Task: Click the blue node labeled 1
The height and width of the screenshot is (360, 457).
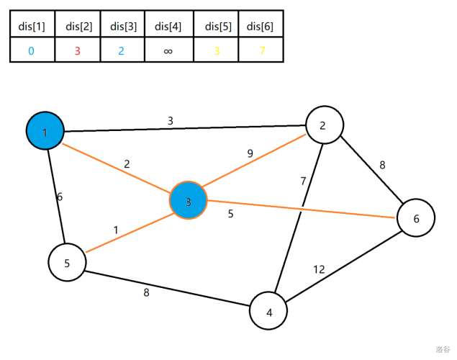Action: pyautogui.click(x=45, y=131)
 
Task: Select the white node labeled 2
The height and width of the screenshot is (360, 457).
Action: pyautogui.click(x=323, y=125)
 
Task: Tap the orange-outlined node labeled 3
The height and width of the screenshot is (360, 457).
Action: pyautogui.click(x=189, y=202)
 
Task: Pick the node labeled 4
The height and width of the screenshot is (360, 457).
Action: pyautogui.click(x=268, y=312)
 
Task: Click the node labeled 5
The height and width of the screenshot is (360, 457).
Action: pyautogui.click(x=67, y=262)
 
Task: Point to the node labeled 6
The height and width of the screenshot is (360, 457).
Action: pyautogui.click(x=416, y=217)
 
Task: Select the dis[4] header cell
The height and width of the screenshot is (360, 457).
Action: pyautogui.click(x=168, y=27)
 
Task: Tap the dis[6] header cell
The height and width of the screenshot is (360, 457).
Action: pyautogui.click(x=260, y=27)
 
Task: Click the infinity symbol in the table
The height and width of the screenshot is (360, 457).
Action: pyautogui.click(x=168, y=51)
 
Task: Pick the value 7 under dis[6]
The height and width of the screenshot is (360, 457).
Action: pyautogui.click(x=262, y=51)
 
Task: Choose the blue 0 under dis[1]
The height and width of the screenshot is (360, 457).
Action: pyautogui.click(x=31, y=51)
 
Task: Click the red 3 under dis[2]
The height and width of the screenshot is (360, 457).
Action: pyautogui.click(x=78, y=51)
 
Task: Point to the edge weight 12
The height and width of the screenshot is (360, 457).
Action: pyautogui.click(x=319, y=269)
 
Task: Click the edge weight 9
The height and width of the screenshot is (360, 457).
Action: pyautogui.click(x=250, y=153)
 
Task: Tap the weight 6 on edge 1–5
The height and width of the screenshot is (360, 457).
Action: pyautogui.click(x=60, y=197)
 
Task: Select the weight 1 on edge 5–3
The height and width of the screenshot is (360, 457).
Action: pyautogui.click(x=115, y=230)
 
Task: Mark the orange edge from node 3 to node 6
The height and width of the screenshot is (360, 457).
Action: pyautogui.click(x=302, y=209)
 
